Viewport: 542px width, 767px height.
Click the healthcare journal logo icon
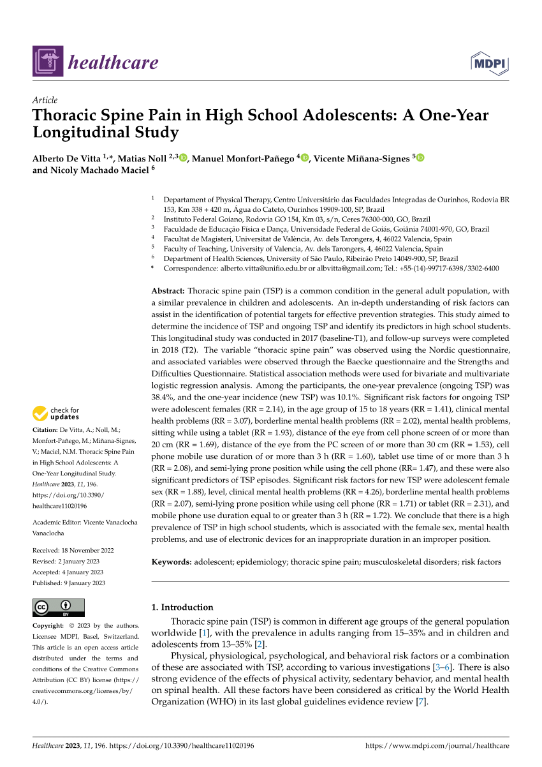(48, 61)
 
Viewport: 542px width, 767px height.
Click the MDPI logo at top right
(490, 63)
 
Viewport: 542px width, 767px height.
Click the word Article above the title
(45, 100)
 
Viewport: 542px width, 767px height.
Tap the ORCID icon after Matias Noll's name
(184, 158)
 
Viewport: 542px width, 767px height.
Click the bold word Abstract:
(168, 290)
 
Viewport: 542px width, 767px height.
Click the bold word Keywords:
(171, 562)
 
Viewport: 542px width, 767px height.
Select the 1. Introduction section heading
(182, 607)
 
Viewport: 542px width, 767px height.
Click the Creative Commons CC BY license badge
(58, 607)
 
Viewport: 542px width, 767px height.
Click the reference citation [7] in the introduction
(420, 702)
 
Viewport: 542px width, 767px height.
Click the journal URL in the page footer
(437, 745)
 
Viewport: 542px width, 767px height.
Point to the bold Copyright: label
(48, 625)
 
